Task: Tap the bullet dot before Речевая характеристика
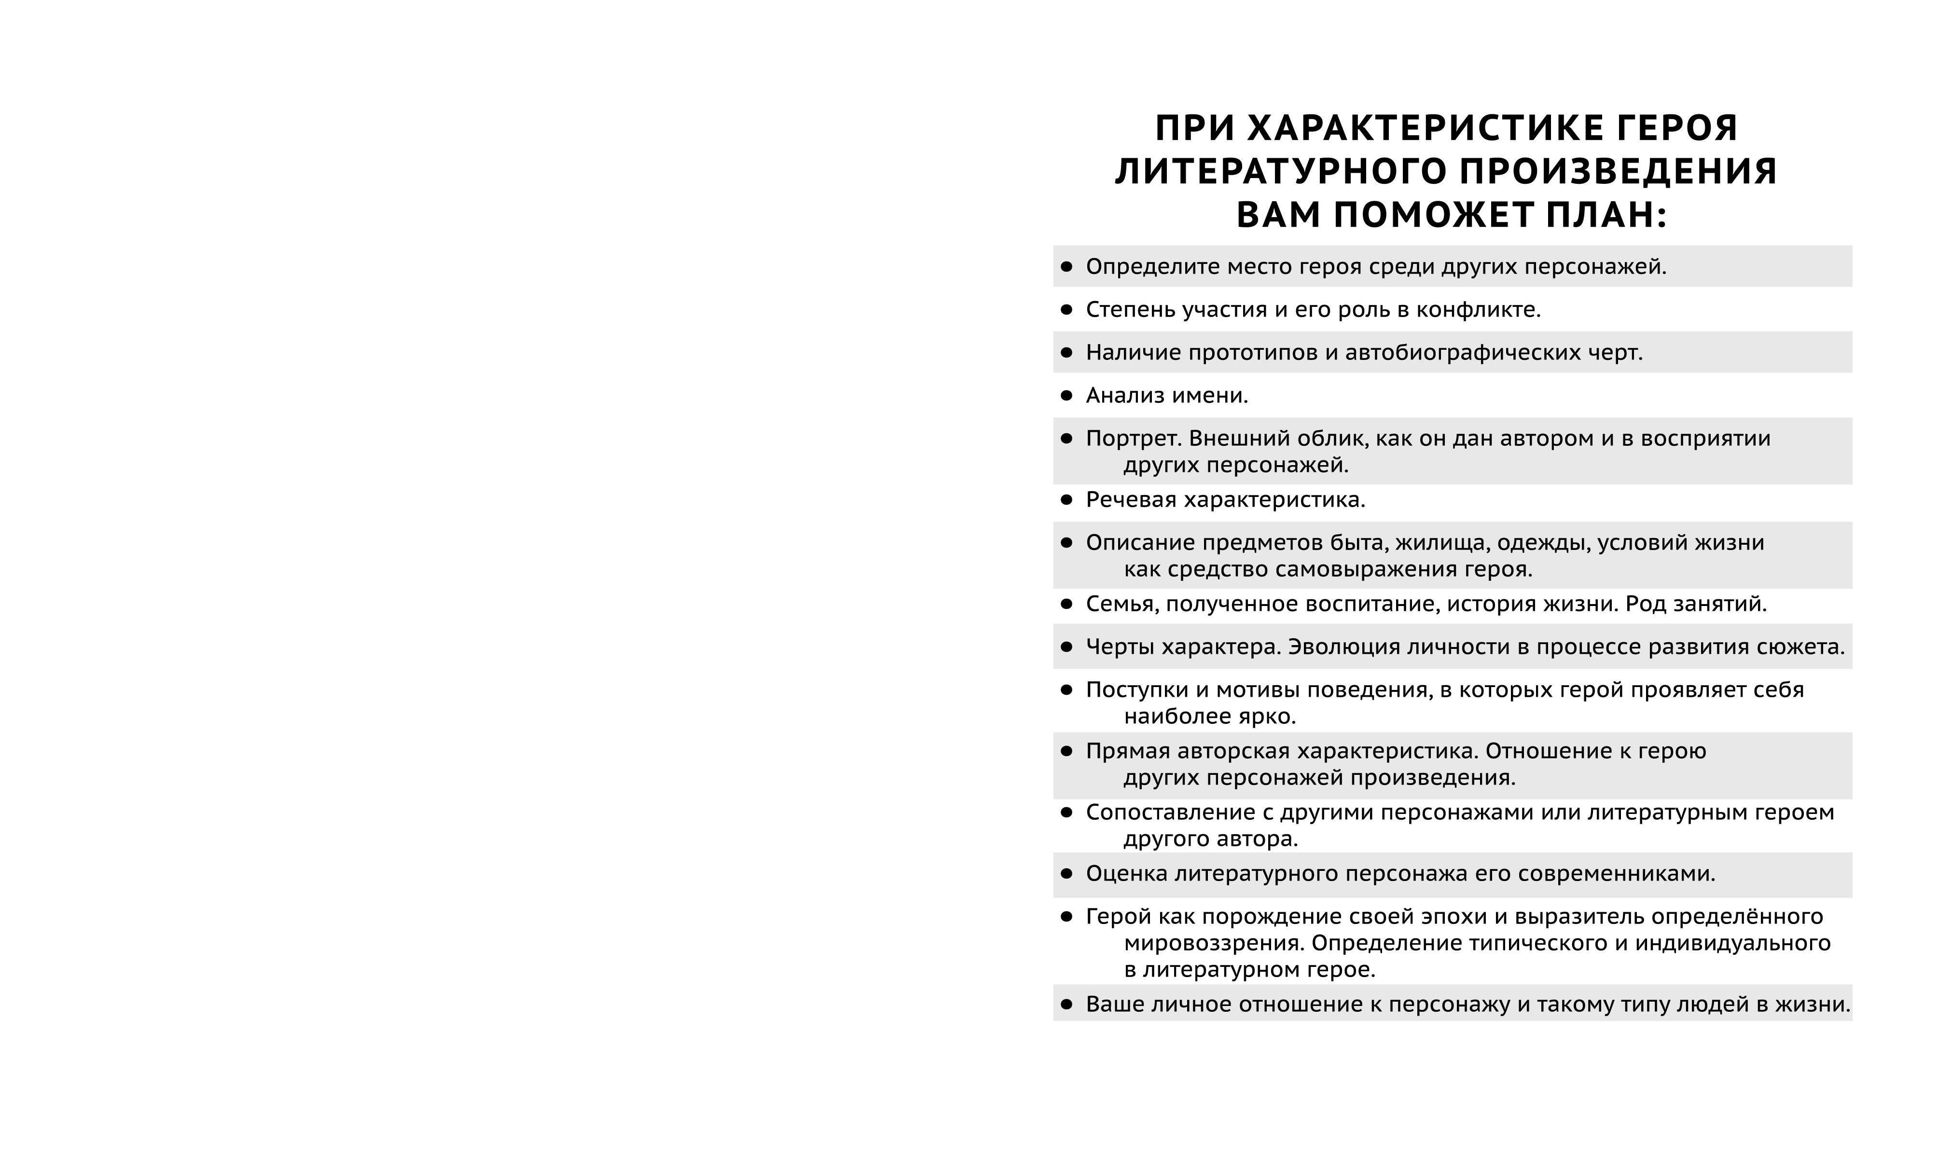coord(1066,500)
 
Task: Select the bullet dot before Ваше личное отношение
coord(1066,1004)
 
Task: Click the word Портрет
coord(1134,439)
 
